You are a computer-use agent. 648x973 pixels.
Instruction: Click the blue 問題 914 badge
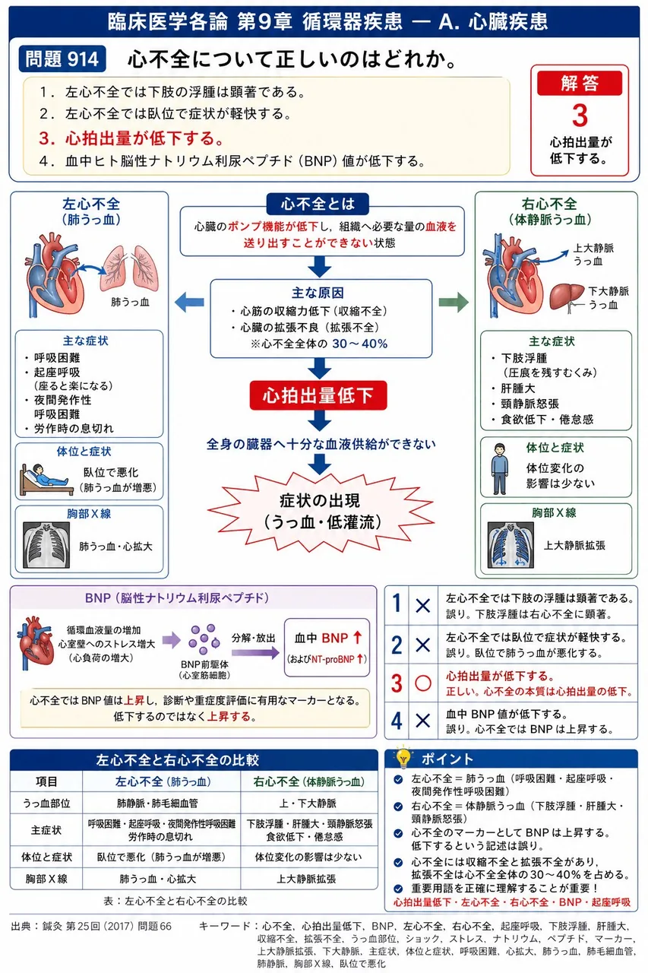click(x=62, y=59)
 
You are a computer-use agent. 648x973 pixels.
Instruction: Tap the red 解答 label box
click(x=580, y=83)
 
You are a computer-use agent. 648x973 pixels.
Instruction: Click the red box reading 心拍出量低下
click(x=318, y=395)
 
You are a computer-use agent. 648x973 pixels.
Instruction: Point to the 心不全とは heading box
click(x=318, y=204)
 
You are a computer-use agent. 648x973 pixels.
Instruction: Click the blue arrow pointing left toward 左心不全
click(x=189, y=302)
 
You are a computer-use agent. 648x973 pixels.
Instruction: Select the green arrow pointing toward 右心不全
click(x=454, y=302)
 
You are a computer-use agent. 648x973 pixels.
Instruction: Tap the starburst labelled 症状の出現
click(x=321, y=512)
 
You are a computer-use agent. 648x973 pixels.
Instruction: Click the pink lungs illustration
click(x=129, y=268)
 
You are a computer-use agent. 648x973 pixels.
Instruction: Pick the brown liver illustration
click(x=567, y=297)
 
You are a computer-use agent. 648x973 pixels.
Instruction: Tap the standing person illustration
click(x=500, y=469)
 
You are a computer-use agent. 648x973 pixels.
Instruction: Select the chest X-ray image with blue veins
click(x=510, y=545)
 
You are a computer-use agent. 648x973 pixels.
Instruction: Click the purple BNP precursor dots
click(x=204, y=639)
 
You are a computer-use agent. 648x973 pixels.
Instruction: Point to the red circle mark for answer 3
click(x=422, y=683)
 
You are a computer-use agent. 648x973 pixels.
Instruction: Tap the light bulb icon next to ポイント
click(x=403, y=756)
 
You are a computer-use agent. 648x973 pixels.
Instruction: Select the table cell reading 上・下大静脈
click(x=308, y=803)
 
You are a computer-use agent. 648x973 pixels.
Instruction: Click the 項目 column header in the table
click(x=46, y=781)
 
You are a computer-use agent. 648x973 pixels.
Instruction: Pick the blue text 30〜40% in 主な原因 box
click(x=360, y=344)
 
